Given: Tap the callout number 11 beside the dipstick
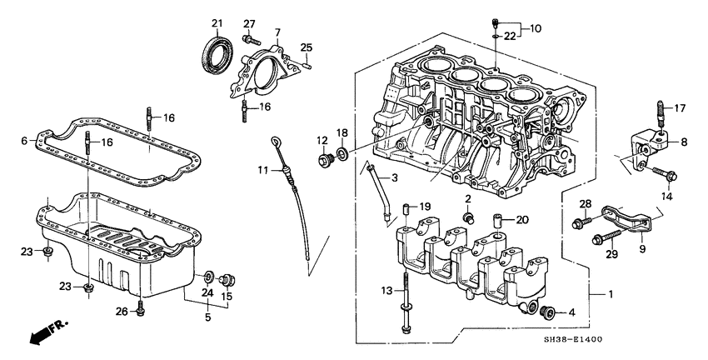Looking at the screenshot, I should click(x=262, y=170).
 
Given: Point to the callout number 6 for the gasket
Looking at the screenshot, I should click(x=24, y=141).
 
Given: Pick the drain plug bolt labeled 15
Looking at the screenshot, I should click(x=232, y=278).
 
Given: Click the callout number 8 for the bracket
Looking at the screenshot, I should click(x=683, y=142).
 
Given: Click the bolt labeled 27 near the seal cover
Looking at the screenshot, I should click(x=248, y=38).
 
